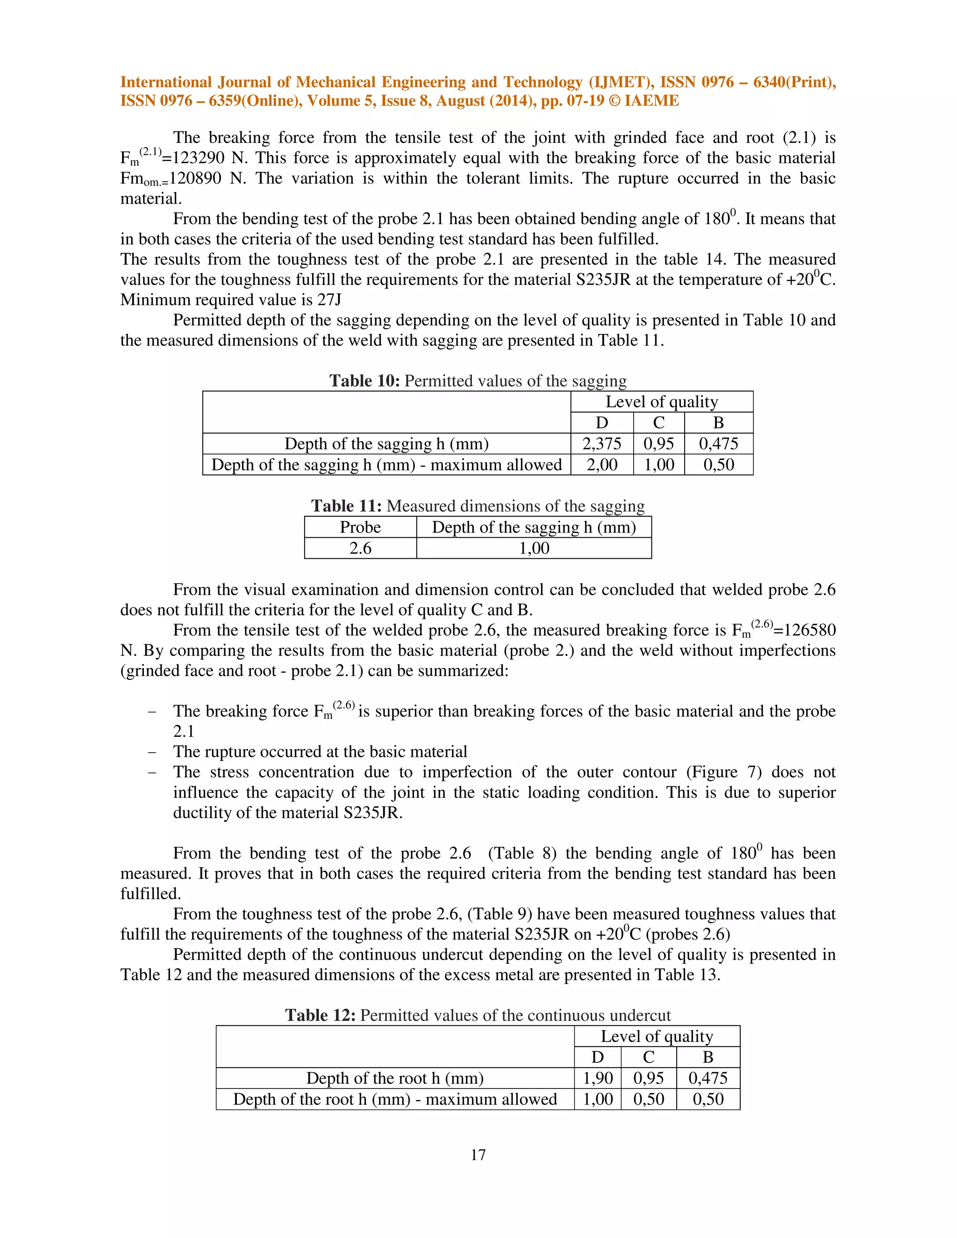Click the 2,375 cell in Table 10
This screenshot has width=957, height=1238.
coord(601,444)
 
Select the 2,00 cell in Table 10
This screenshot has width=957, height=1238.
coord(601,465)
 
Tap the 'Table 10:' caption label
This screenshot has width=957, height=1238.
coord(364,381)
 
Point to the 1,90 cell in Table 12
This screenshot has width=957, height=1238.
coord(598,1078)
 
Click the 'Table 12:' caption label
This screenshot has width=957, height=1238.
coord(320,1015)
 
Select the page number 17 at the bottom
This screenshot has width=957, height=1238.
coord(478,1155)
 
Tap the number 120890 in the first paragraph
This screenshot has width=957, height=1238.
coord(195,178)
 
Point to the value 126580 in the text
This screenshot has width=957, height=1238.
coord(805,630)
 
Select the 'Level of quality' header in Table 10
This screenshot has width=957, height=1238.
coord(662,402)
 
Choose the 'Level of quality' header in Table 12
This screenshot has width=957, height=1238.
coord(657,1036)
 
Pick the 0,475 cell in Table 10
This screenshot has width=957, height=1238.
coord(718,444)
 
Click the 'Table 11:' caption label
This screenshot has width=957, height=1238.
coord(346,506)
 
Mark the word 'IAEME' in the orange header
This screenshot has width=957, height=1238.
coord(651,101)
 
